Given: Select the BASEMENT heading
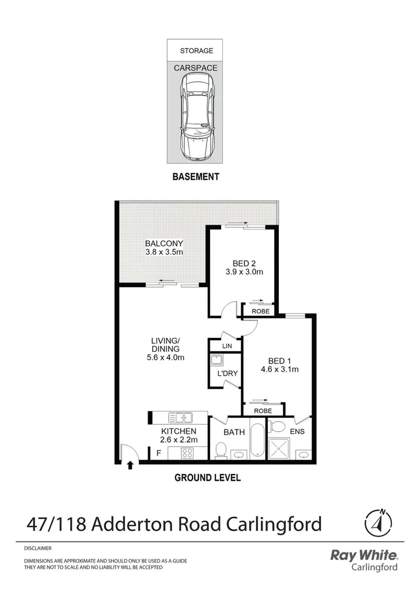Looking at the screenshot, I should click(x=195, y=177).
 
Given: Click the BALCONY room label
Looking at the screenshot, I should click(x=164, y=243).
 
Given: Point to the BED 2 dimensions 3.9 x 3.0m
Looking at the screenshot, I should click(x=244, y=271).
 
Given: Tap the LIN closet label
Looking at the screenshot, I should click(x=228, y=346).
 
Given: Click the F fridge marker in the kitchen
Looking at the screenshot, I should click(x=158, y=452).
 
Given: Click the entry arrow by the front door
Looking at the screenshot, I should click(x=129, y=465).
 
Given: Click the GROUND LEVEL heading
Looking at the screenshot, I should click(x=208, y=477).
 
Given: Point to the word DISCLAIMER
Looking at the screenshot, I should click(x=38, y=548).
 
